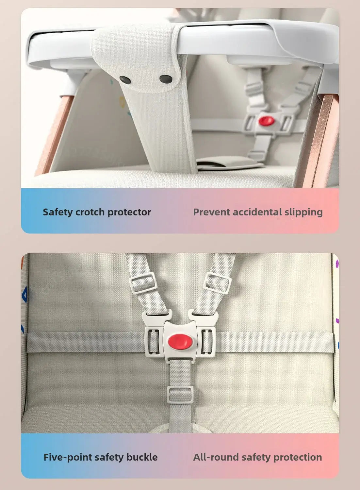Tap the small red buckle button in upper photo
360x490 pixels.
(267, 121)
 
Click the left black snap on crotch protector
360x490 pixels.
(125, 80)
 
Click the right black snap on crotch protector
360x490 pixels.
(166, 79)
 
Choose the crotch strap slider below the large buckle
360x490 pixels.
(180, 395)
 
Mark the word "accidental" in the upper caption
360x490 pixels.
(257, 212)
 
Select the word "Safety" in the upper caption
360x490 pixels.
(57, 212)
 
